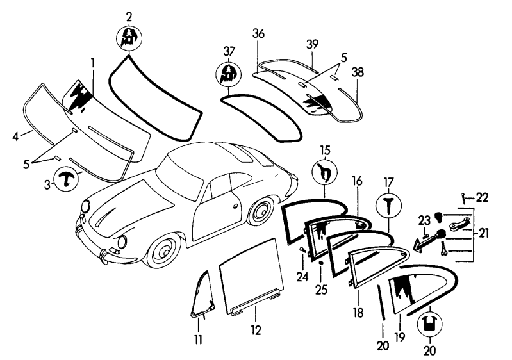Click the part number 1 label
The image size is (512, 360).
click(x=92, y=63)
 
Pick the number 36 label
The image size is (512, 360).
click(x=258, y=33)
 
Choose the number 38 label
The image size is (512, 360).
click(x=358, y=72)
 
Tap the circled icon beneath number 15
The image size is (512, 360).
click(x=325, y=172)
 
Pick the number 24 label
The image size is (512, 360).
click(x=302, y=277)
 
